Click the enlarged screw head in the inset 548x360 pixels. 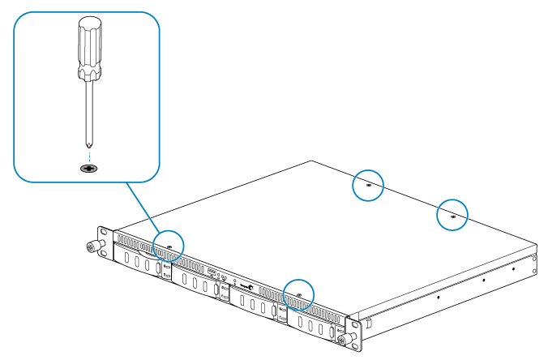point(88,168)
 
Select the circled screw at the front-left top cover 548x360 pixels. point(169,243)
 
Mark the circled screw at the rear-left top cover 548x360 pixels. point(369,185)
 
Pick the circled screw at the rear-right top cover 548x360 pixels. point(452,215)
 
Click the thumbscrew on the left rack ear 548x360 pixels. point(92,246)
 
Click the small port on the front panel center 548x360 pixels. point(212,272)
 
